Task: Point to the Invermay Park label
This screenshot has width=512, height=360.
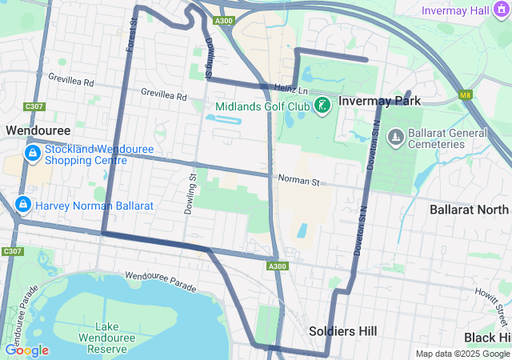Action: coord(379,102)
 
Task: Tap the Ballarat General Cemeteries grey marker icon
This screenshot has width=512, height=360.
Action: coord(394,138)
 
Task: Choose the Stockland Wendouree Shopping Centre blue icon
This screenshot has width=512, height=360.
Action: coord(32,152)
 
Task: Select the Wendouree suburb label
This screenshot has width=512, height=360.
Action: coord(38,130)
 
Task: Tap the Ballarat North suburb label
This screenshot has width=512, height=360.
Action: coord(469,210)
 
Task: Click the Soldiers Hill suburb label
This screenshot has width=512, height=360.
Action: coord(343,331)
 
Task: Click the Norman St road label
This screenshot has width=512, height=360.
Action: coord(298,182)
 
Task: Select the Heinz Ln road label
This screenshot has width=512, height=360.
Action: coord(291,88)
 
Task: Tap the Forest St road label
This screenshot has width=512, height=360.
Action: coord(131,37)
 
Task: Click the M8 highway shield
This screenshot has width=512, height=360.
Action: coord(466,95)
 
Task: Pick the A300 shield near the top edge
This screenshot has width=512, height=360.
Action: coord(225,21)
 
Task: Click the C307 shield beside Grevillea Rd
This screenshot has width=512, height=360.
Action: coord(34,106)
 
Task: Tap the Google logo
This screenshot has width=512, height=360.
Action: coord(26,350)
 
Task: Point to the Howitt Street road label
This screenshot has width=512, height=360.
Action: coord(490,303)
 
